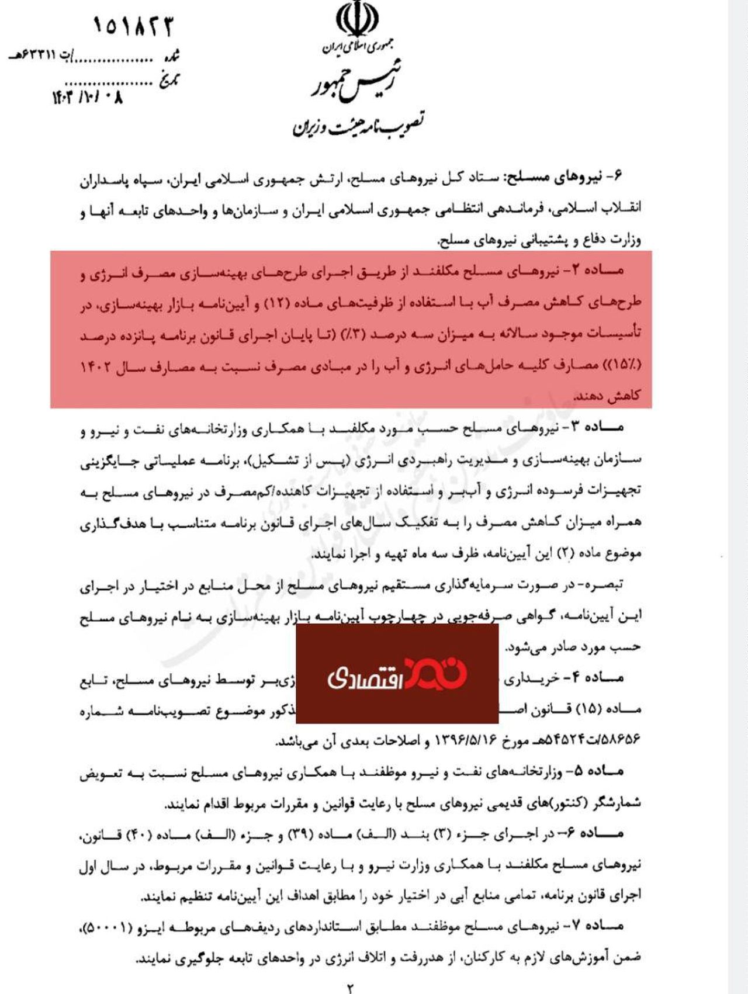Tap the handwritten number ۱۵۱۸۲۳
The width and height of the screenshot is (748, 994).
point(134,26)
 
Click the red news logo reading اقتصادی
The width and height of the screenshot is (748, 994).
point(397,675)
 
